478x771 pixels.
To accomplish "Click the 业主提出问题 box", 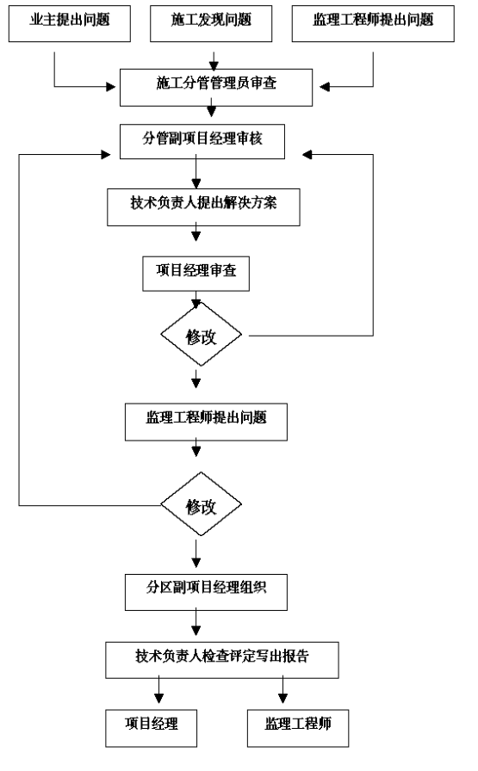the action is (70, 23).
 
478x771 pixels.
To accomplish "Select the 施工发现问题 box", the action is (211, 23).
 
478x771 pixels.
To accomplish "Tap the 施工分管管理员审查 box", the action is (216, 88).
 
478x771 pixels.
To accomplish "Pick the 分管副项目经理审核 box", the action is (202, 142).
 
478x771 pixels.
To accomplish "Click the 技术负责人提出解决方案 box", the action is (203, 207).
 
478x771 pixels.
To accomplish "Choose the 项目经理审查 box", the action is (196, 274).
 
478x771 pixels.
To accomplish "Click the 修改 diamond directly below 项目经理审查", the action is (201, 335).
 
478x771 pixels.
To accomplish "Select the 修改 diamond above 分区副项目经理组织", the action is (201, 504).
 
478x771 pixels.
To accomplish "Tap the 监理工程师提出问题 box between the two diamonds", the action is (206, 422).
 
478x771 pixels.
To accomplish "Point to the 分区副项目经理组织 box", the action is (206, 592).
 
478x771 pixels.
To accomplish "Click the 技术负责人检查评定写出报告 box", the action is (222, 660).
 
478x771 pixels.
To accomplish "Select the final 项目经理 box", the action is (151, 728).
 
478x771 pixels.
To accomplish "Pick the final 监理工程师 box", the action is (298, 728).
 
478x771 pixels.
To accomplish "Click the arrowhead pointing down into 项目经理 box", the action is (158, 698).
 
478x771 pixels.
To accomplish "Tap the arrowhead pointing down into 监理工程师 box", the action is (282, 698).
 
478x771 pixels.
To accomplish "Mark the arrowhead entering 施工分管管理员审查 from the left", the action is (111, 87).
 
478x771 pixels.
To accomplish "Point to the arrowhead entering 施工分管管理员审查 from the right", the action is (325, 87).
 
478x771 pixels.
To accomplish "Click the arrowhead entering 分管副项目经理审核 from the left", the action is (106, 155).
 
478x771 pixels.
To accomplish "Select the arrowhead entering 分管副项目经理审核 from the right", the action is (307, 155).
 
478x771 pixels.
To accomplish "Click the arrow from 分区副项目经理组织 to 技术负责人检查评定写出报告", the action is (196, 622).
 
